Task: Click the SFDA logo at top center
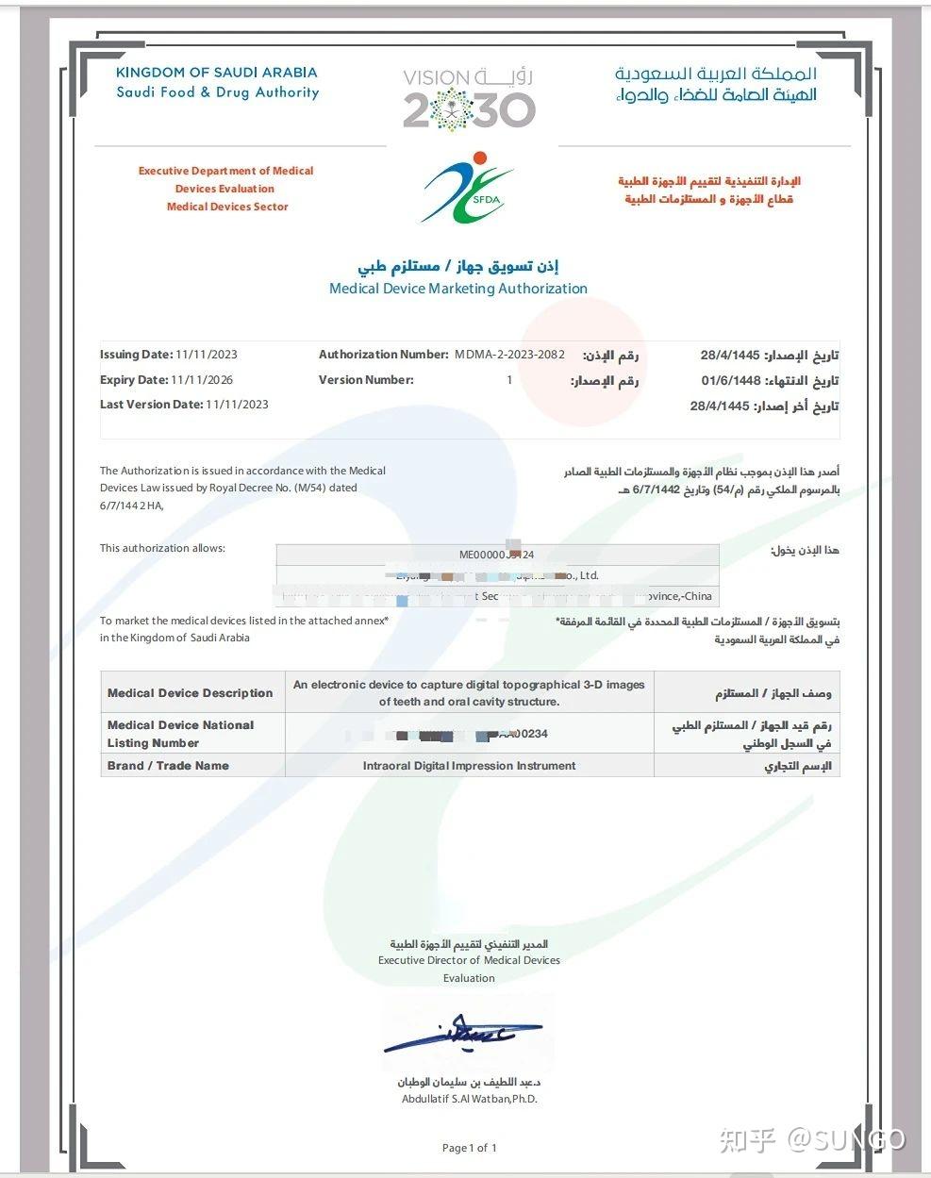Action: (x=466, y=188)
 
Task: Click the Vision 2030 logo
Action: (x=469, y=99)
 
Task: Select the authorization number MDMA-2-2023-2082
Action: (x=509, y=355)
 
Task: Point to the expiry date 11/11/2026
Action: (x=202, y=380)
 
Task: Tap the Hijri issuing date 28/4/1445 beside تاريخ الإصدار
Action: (x=729, y=356)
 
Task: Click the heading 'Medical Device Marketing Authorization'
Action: (x=457, y=289)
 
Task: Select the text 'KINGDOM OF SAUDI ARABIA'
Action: (x=216, y=73)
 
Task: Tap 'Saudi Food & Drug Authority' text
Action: (x=217, y=92)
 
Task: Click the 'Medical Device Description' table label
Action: (x=190, y=693)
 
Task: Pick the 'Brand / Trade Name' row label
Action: (x=168, y=766)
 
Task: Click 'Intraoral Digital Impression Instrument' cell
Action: (x=469, y=766)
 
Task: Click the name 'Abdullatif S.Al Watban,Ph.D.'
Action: (x=469, y=1099)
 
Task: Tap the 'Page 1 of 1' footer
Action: (x=469, y=1148)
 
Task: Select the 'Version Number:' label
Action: (x=366, y=380)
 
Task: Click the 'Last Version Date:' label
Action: (x=151, y=405)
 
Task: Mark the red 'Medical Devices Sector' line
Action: (x=227, y=207)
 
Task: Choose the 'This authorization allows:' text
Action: (x=162, y=548)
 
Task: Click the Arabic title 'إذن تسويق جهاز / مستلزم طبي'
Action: (x=458, y=267)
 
